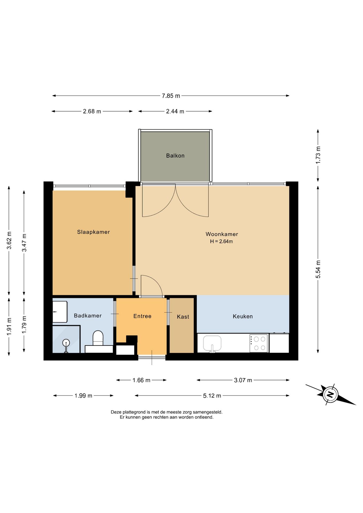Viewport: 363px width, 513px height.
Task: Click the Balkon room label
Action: coord(175,156)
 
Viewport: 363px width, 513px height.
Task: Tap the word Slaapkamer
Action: coord(93,232)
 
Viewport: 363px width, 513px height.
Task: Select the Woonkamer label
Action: coord(222,234)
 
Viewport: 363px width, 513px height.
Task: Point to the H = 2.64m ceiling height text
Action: coord(221,241)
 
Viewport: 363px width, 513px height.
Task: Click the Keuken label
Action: coord(243,316)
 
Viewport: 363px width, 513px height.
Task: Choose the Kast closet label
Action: coord(183,317)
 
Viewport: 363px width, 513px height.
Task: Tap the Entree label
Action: coord(142,316)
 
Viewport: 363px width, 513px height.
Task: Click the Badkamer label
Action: coord(88,316)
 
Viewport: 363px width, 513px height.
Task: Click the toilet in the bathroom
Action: coord(98,338)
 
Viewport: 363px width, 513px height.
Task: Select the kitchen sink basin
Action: coord(212,343)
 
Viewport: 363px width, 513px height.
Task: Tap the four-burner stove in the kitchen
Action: coord(259,343)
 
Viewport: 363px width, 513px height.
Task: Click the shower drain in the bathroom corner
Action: coord(66,343)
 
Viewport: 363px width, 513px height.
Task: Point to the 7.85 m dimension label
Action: coord(171,96)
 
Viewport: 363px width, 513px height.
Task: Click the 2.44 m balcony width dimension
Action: coord(175,111)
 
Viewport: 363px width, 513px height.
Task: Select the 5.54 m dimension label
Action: coord(318,269)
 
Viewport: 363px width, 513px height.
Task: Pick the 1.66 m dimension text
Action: coord(141,380)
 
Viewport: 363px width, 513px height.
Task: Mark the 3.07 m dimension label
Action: coord(243,380)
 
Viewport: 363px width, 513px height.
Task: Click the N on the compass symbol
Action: coord(330,394)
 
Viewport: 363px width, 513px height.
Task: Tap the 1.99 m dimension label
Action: coord(83,395)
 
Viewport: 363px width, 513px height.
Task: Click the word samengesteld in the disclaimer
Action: coord(207,412)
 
